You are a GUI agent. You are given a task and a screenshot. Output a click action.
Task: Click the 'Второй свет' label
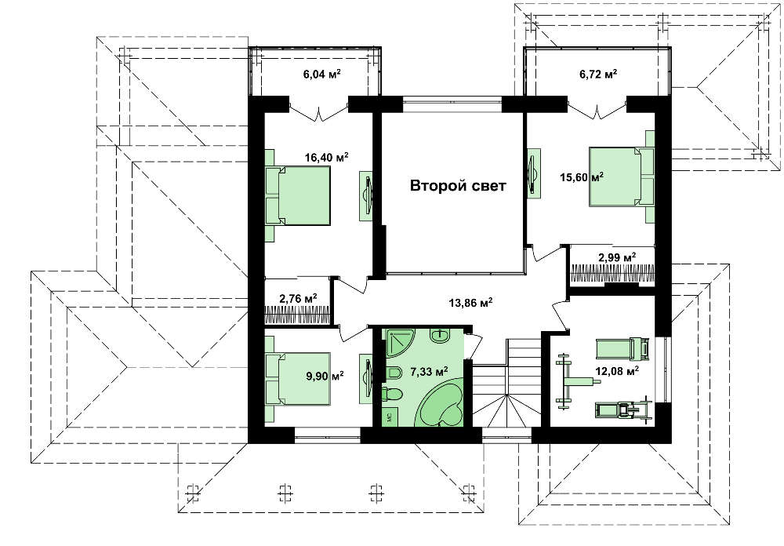(458, 186)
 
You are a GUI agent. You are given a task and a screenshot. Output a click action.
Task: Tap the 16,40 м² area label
(326, 157)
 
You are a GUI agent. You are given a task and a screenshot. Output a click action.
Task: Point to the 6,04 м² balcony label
(322, 74)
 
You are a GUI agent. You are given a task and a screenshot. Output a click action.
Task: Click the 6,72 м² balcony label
(598, 74)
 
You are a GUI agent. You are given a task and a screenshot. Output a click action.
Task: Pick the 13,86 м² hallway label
(470, 302)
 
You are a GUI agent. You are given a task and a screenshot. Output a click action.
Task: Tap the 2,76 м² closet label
(299, 299)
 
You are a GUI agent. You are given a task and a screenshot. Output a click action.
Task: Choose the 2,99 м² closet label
(617, 258)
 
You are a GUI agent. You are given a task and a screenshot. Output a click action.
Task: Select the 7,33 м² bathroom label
(429, 371)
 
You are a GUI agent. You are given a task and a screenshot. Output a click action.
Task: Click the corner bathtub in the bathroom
(441, 406)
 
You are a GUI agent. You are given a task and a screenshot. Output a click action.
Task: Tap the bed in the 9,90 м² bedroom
(297, 378)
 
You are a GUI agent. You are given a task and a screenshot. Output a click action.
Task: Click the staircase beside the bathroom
(507, 384)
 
